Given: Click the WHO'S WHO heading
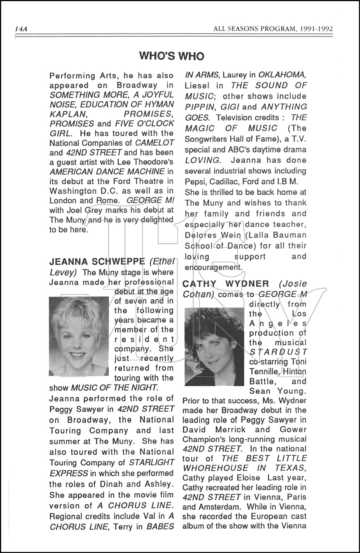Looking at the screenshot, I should (x=172, y=56).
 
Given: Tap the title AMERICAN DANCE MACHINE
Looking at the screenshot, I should (x=107, y=171).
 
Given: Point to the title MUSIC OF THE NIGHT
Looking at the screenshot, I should (x=114, y=388).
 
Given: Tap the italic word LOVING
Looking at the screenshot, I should (x=202, y=160).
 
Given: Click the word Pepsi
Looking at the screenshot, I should (x=195, y=181).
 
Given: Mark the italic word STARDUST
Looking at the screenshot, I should (x=278, y=352).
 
